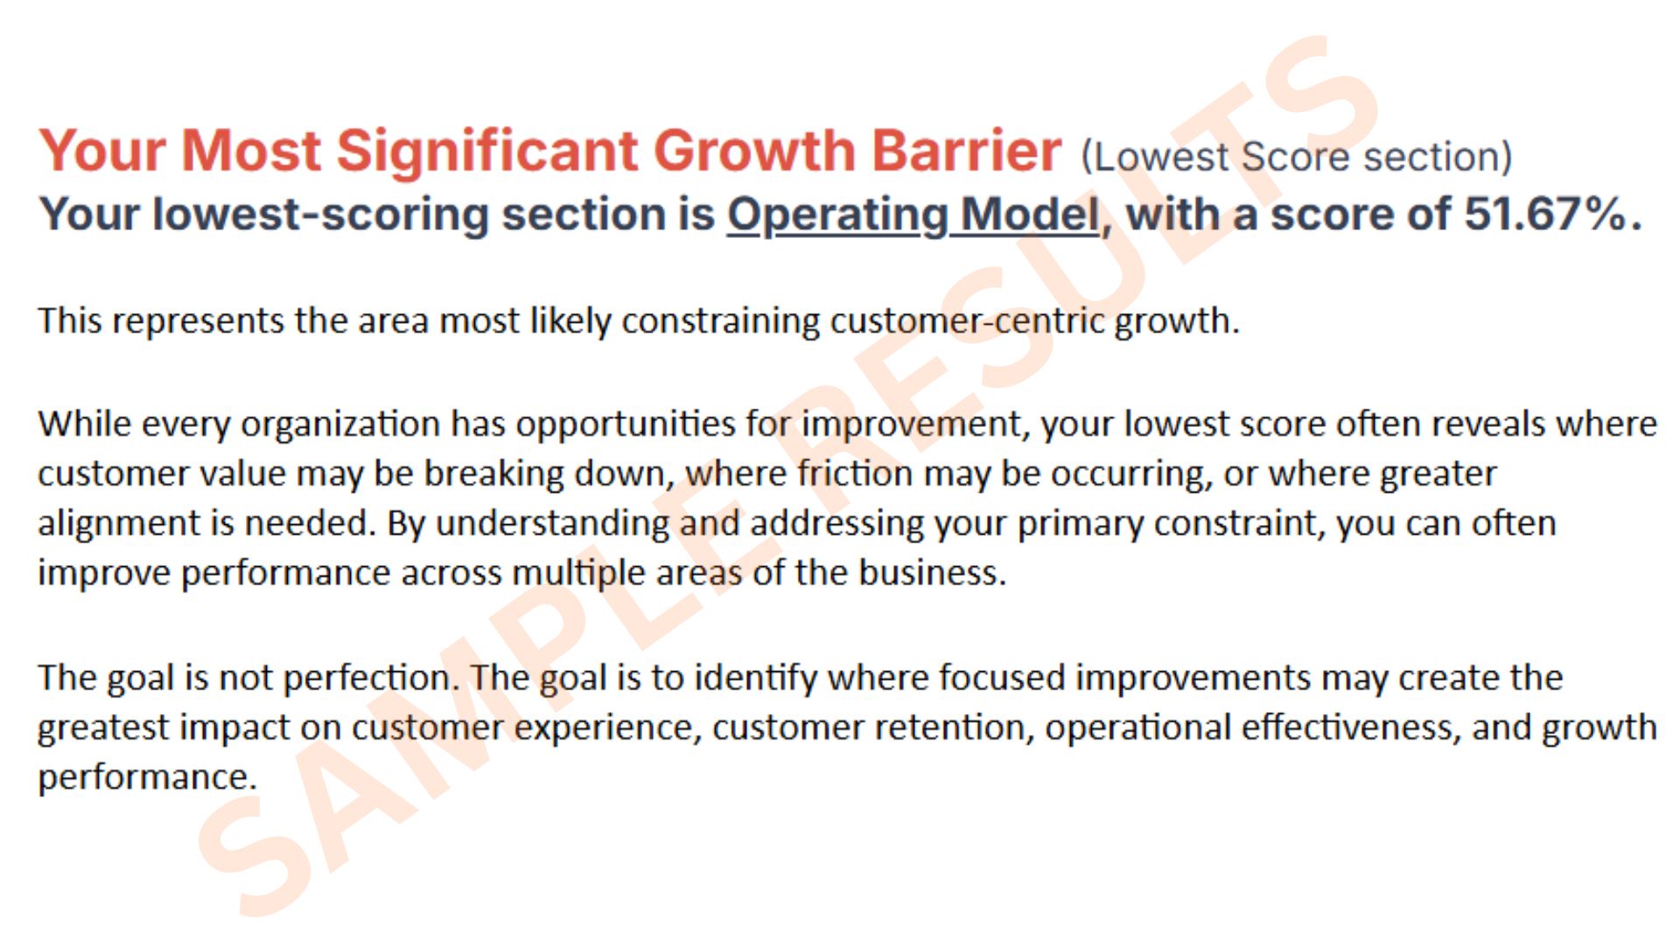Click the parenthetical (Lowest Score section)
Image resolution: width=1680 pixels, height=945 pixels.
pos(1297,157)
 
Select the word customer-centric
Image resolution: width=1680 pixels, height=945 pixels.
pos(968,320)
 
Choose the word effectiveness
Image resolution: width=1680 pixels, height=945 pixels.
pos(1347,727)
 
